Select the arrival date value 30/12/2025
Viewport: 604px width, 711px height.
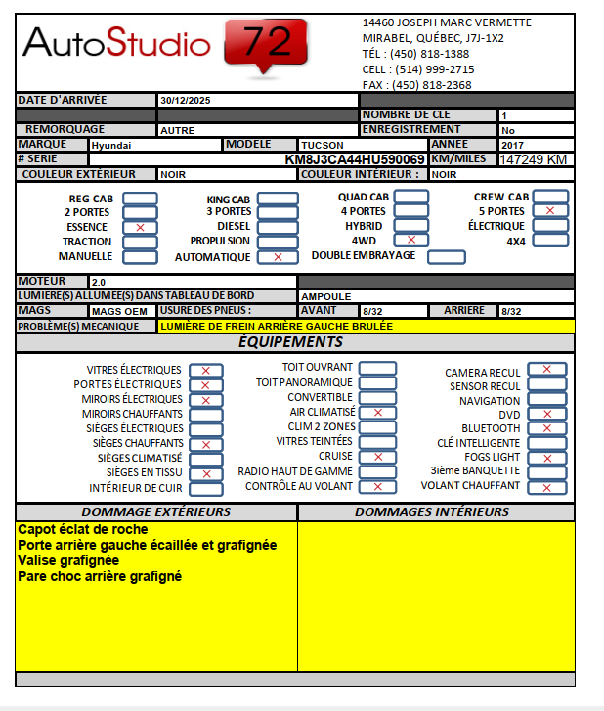point(184,101)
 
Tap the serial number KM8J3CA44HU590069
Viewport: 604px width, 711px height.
point(355,159)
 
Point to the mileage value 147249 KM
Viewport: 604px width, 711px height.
point(533,159)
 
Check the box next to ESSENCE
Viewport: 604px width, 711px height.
point(140,227)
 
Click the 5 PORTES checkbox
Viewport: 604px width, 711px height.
point(550,211)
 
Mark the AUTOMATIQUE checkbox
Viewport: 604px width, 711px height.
point(278,257)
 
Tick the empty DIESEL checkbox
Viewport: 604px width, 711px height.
point(278,227)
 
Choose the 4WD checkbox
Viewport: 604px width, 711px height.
point(410,240)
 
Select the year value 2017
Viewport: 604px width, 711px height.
point(513,145)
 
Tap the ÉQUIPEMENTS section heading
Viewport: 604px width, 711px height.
point(290,342)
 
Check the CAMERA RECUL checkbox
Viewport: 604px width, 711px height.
point(546,370)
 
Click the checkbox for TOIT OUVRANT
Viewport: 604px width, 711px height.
point(377,368)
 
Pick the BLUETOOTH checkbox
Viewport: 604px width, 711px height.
point(546,428)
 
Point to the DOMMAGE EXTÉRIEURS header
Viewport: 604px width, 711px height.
point(156,512)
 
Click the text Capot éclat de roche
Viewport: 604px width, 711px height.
point(83,529)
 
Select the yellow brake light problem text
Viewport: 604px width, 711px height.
point(276,326)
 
